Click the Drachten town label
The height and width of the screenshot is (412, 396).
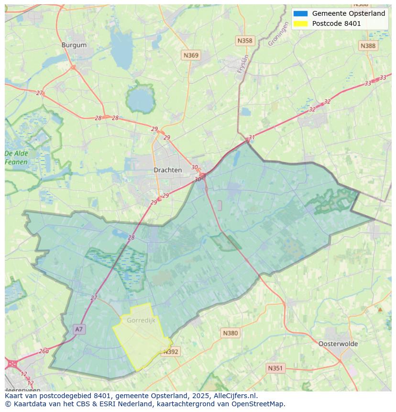point(167,170)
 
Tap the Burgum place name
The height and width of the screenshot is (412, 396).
point(74,45)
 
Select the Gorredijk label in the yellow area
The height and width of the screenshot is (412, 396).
point(141,320)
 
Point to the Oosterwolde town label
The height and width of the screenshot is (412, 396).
point(338,344)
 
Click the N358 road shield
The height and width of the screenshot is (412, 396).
point(244,41)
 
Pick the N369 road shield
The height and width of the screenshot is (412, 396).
point(191,56)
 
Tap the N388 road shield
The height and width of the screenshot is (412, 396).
point(368,45)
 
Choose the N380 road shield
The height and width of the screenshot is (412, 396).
point(230,333)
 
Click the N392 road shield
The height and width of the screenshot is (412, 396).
point(171,352)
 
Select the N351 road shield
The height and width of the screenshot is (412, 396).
point(275,368)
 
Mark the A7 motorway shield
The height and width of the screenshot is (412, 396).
point(79,329)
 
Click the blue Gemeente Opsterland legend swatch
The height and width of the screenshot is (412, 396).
point(301,13)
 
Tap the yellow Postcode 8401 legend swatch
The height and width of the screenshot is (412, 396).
point(301,23)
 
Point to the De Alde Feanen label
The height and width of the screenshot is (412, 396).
point(16,158)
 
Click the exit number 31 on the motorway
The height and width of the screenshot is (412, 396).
point(252,137)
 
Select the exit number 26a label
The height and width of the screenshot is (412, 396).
point(44,351)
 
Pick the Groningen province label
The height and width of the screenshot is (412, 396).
point(278,34)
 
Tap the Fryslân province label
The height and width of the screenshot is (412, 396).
point(243,64)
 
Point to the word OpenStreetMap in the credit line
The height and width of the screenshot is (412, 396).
point(259,404)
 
